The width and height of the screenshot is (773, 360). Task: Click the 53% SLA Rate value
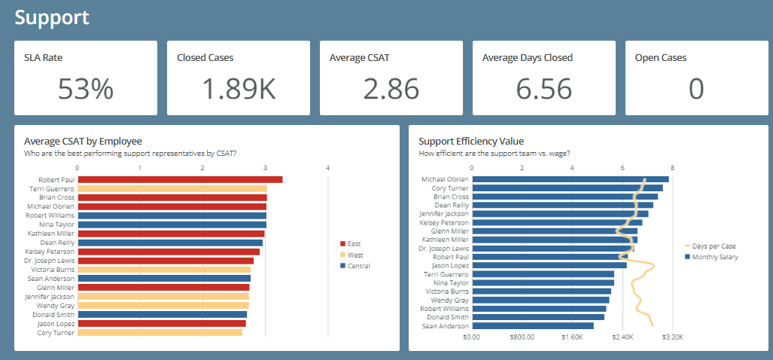86,89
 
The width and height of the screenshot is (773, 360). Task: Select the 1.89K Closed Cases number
239,89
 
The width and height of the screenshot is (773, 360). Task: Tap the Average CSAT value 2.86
391,89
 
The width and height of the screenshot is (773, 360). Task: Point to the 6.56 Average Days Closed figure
543,89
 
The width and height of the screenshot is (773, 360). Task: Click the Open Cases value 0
696,89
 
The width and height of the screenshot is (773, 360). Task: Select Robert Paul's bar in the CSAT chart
180,179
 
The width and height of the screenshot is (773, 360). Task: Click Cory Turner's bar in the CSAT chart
160,332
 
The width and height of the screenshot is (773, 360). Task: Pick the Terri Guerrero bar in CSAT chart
172,188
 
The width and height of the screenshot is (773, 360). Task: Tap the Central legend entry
358,266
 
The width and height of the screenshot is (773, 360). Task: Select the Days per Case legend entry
714,246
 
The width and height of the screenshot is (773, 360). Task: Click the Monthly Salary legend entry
714,257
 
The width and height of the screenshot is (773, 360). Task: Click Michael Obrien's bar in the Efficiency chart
570,179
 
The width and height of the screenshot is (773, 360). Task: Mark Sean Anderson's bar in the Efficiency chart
532,326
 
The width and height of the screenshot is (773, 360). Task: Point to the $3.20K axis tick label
671,337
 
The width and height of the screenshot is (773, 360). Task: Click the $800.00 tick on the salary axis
522,337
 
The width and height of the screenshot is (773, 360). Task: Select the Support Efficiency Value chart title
471,141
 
